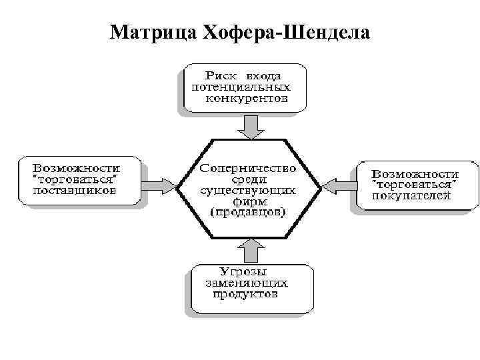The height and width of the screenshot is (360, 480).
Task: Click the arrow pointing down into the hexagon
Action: coord(251,125)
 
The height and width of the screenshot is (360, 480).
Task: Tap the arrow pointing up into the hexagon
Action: coord(251,251)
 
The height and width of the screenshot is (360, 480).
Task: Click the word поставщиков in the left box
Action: coord(75,191)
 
